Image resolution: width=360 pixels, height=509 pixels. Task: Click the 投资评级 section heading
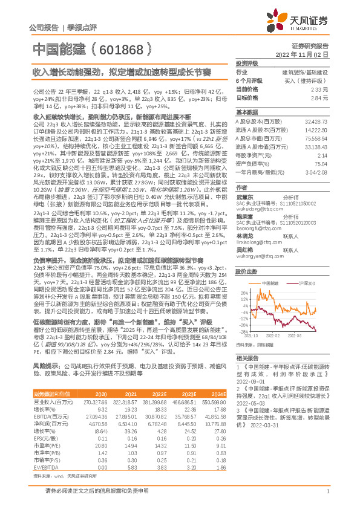pos(247,63)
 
